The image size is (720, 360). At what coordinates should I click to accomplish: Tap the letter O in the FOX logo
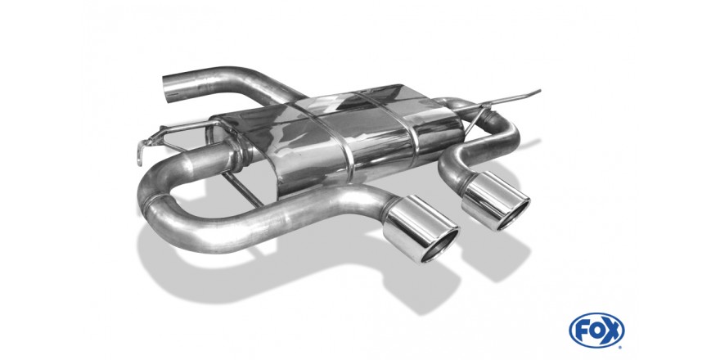pos(596,331)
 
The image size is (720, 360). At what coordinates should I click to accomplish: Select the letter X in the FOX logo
pos(612,331)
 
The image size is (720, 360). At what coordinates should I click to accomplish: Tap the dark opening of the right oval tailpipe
pos(513,215)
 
